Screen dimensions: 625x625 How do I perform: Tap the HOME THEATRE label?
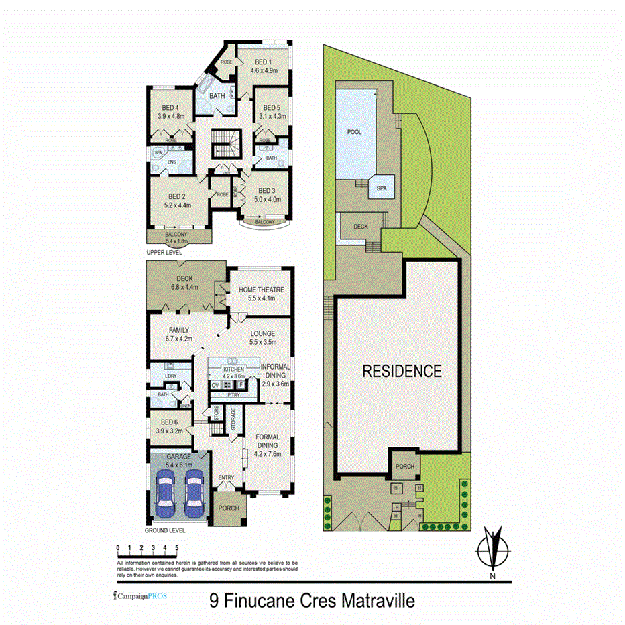262,290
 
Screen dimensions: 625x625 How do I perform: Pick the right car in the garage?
194,492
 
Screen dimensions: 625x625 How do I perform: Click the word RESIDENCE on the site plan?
402,371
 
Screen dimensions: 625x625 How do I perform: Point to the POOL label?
354,132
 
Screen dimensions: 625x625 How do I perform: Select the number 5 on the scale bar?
175,548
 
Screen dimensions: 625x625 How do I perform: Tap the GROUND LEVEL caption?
165,529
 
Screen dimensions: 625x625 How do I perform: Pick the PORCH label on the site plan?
405,467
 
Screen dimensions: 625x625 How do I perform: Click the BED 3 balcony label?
264,221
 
